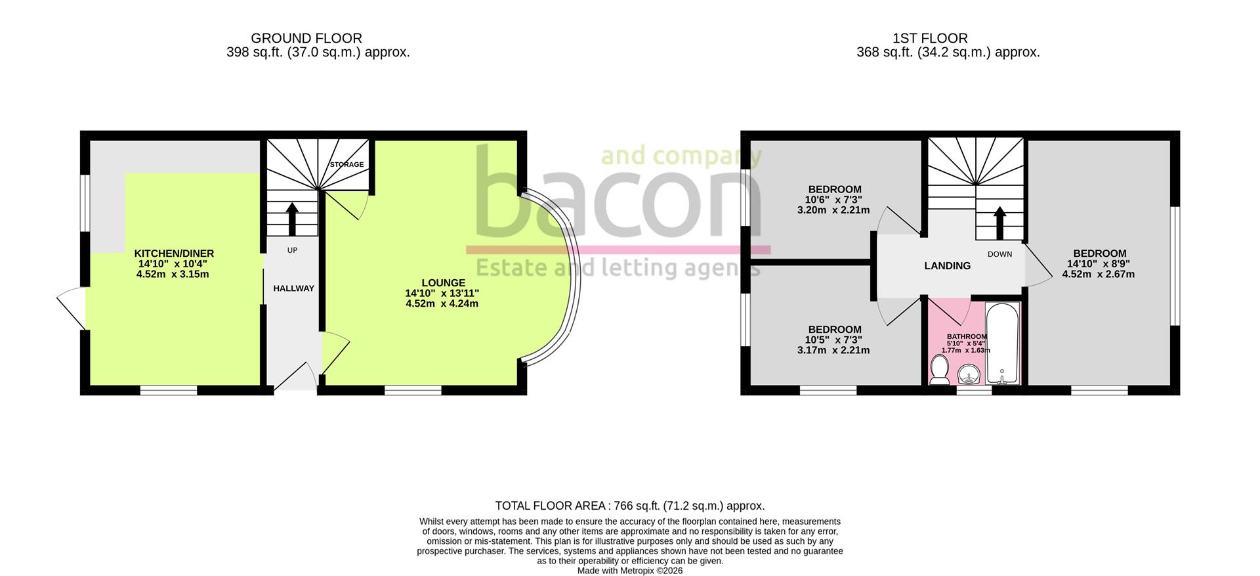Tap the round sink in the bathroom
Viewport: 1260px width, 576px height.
[x=969, y=376]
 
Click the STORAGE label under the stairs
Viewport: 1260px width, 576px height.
[x=346, y=165]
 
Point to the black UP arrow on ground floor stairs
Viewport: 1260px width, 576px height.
[x=292, y=219]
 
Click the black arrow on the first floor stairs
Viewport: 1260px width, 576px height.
[x=999, y=224]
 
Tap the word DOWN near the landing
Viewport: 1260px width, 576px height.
[x=999, y=254]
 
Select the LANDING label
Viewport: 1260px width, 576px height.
[x=947, y=266]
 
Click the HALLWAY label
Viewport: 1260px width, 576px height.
[x=293, y=288]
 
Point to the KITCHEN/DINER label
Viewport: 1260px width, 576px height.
[x=174, y=254]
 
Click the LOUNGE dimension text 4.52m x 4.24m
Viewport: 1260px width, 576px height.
[x=442, y=303]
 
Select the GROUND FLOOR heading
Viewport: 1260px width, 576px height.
[x=306, y=39]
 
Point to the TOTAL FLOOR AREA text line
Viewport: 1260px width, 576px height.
[x=629, y=506]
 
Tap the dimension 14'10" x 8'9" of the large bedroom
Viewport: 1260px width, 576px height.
[x=1099, y=264]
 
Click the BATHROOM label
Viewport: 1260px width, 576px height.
[x=966, y=336]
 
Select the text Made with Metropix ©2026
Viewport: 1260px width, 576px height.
[x=629, y=571]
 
